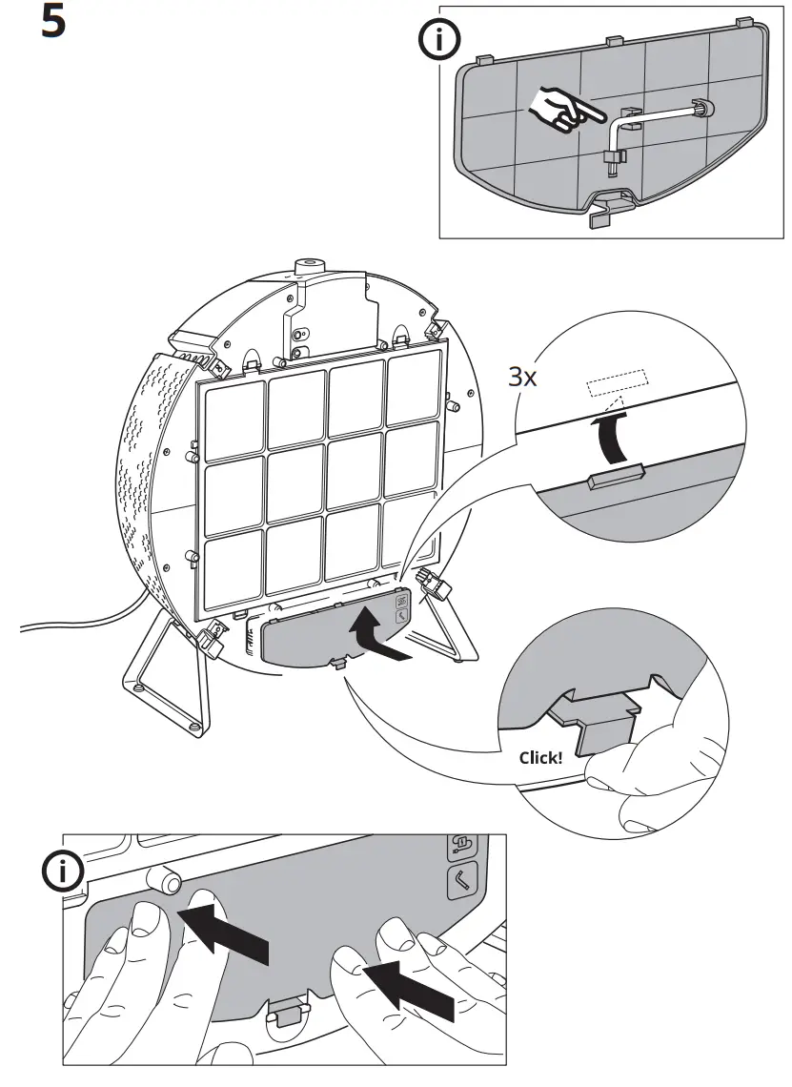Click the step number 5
[53, 23]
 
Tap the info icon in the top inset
[439, 41]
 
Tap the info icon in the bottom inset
[64, 872]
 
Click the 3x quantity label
[521, 377]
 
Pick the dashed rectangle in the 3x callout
[617, 383]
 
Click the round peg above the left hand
[167, 879]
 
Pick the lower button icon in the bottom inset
[462, 882]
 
